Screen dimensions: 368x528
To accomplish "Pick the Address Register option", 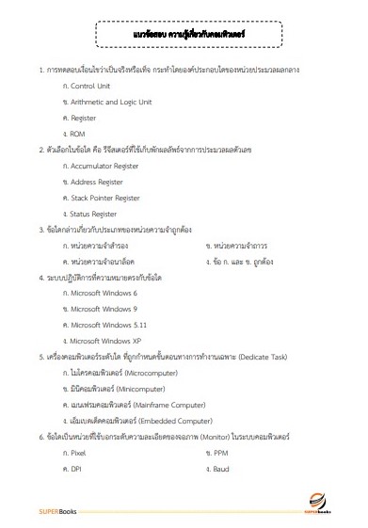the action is pyautogui.click(x=99, y=182).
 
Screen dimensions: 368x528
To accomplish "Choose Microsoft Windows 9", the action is pyautogui.click(x=104, y=310).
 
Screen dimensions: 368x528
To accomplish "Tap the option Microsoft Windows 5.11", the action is pyautogui.click(x=108, y=326).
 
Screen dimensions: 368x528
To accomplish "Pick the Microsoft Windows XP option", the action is pyautogui.click(x=106, y=342).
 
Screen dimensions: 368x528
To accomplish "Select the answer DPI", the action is pyautogui.click(x=77, y=470).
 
